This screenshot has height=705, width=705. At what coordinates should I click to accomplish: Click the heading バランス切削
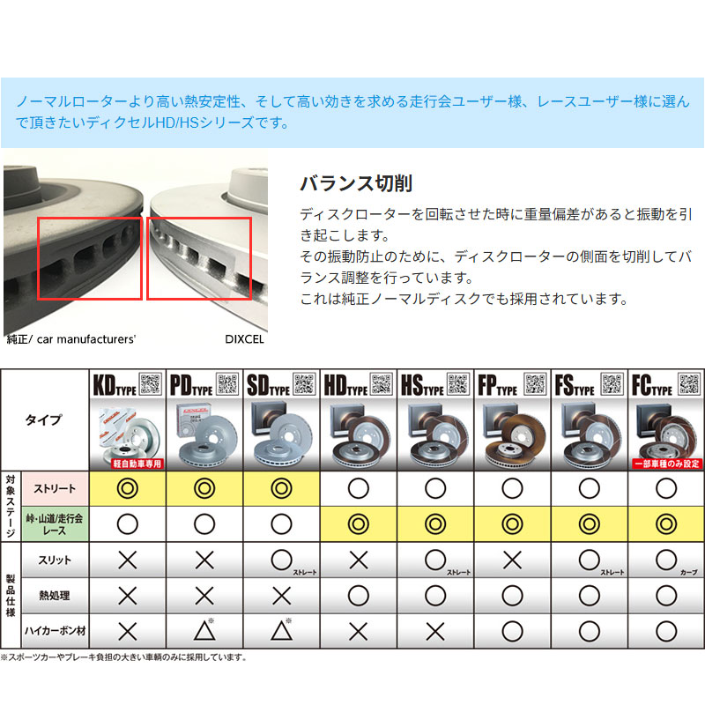point(356,183)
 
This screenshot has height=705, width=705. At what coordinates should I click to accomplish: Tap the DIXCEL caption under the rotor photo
point(244,338)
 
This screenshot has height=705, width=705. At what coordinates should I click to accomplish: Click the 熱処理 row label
point(55,596)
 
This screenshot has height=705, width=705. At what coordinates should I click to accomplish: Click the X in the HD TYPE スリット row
point(359,560)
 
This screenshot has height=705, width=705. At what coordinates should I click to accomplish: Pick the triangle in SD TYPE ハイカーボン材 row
point(281,630)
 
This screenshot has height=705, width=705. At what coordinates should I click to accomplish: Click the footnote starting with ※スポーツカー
point(123,657)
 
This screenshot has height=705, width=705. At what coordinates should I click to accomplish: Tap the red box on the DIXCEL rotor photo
point(199,258)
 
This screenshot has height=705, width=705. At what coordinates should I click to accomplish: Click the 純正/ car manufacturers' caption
point(70,338)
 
